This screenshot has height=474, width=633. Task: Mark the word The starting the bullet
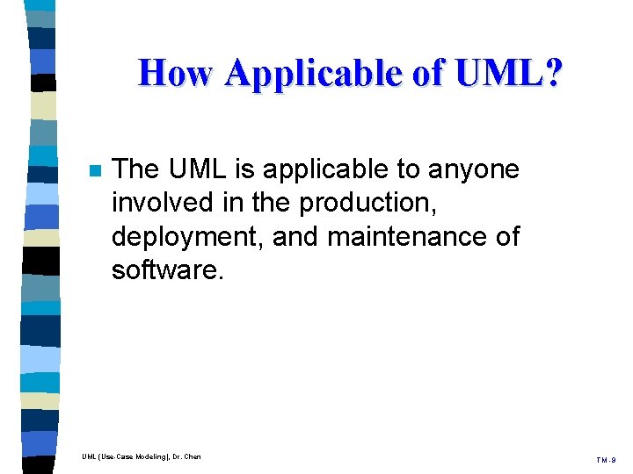138,169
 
